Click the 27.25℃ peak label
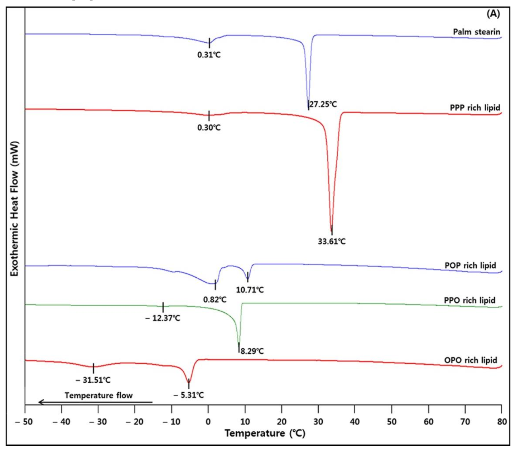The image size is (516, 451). tap(323, 105)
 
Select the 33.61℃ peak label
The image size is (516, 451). tap(332, 242)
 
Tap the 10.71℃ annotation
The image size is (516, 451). tap(250, 290)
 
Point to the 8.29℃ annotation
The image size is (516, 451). tap(252, 351)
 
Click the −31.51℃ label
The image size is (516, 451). tap(93, 380)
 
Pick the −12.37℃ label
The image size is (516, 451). tap(163, 318)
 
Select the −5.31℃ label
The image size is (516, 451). tap(188, 395)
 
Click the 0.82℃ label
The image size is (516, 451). tap(215, 299)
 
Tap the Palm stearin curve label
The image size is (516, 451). tap(477, 32)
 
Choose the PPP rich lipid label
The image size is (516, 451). tap(475, 108)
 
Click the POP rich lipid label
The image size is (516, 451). tap(470, 266)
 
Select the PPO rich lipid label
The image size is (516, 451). tap(469, 300)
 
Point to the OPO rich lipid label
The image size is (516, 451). tap(471, 360)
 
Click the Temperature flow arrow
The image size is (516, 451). tap(95, 402)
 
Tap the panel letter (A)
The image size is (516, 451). tap(493, 14)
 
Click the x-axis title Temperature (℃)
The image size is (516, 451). tap(265, 433)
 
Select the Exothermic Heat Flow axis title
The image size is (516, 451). tap(15, 209)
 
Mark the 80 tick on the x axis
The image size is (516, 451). tap(502, 422)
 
